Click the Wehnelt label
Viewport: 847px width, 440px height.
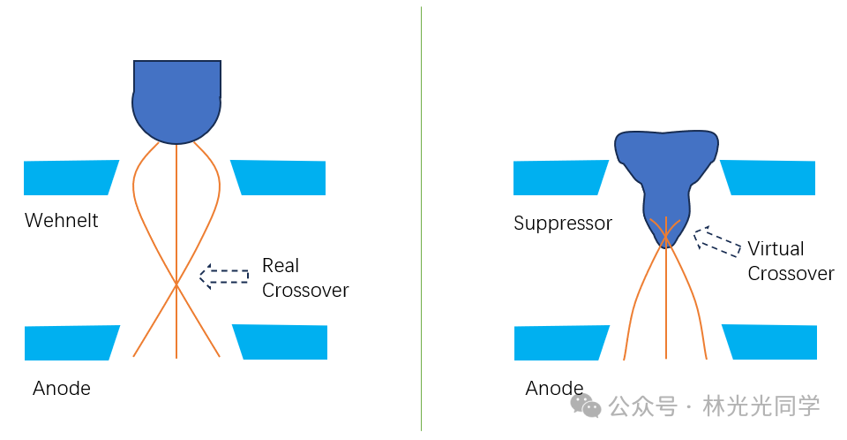[62, 220]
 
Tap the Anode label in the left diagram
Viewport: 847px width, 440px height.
[62, 388]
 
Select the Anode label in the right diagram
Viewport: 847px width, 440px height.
[554, 388]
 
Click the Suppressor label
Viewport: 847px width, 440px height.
[563, 223]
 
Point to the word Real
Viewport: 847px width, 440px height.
[281, 265]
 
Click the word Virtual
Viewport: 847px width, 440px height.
[776, 248]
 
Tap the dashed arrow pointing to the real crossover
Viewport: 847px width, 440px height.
[224, 276]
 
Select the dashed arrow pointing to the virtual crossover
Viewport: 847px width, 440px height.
[717, 241]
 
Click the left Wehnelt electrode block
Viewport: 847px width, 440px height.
[71, 178]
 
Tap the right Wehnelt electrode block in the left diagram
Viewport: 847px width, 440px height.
[278, 178]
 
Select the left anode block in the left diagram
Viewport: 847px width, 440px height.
[72, 343]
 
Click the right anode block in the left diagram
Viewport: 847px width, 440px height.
[280, 342]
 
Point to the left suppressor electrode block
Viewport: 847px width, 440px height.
[561, 178]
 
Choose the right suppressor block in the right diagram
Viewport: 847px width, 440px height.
[768, 178]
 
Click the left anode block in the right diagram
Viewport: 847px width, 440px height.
[562, 343]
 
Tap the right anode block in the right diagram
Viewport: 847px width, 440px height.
[769, 342]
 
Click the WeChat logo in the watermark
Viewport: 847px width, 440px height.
[586, 406]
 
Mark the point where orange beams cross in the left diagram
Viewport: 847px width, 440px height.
[176, 283]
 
